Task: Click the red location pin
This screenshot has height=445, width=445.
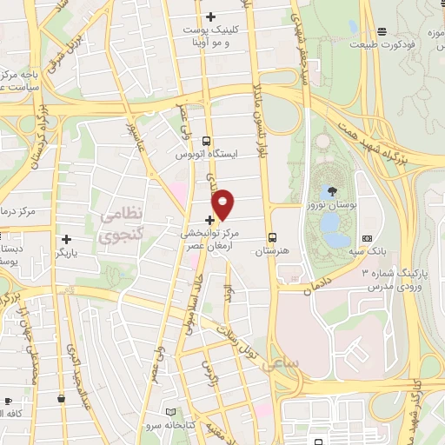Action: point(222,203)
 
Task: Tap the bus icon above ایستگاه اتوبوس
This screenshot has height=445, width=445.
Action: point(206,141)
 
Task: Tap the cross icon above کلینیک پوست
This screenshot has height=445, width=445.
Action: point(210,17)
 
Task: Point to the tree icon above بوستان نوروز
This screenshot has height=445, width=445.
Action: point(333,189)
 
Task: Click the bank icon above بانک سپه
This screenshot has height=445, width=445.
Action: point(366,238)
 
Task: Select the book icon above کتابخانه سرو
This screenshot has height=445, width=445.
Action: point(169,411)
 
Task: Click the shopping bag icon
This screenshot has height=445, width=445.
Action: point(62,398)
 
